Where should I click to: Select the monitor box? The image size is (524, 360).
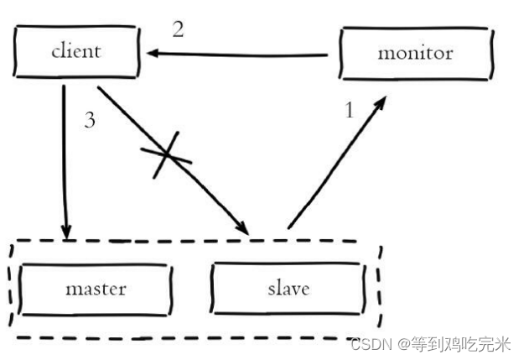pyautogui.click(x=415, y=53)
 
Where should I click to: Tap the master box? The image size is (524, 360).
pyautogui.click(x=95, y=289)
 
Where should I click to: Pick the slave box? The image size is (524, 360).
pyautogui.click(x=288, y=289)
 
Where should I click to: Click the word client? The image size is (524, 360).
pyautogui.click(x=75, y=51)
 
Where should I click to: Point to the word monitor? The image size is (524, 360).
pyautogui.click(x=415, y=53)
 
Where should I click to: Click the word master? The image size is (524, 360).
pyautogui.click(x=96, y=289)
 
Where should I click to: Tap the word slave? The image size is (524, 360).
pyautogui.click(x=288, y=289)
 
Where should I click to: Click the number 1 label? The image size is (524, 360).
pyautogui.click(x=350, y=109)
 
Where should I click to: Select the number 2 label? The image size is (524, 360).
pyautogui.click(x=178, y=29)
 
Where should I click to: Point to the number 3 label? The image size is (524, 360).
pyautogui.click(x=90, y=119)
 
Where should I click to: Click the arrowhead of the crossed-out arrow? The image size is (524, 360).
pyautogui.click(x=242, y=228)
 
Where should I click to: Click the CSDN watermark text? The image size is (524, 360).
pyautogui.click(x=366, y=344)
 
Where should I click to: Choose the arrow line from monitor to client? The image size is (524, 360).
pyautogui.click(x=243, y=55)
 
